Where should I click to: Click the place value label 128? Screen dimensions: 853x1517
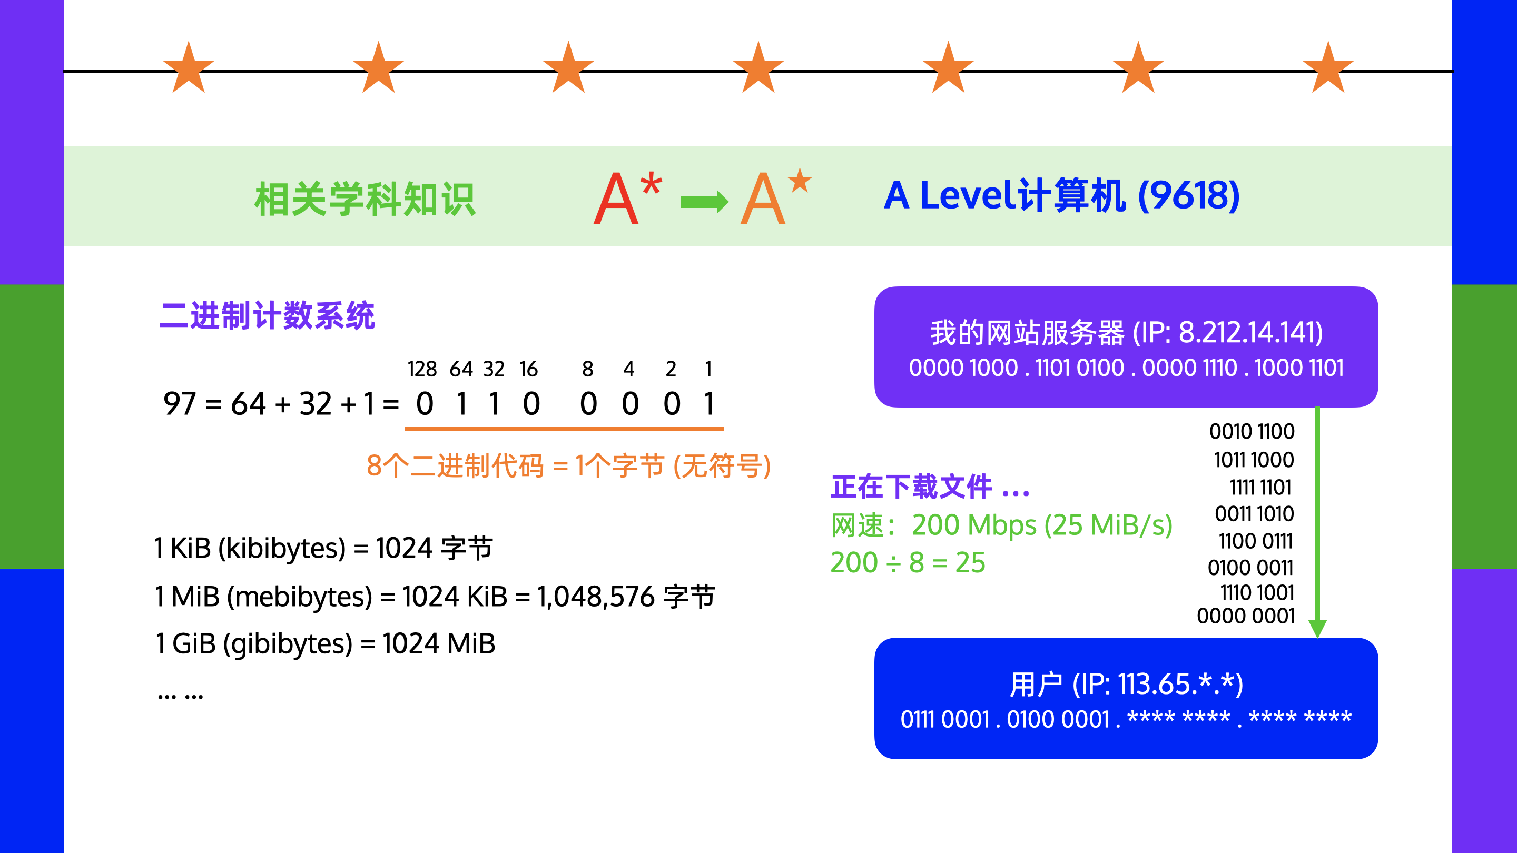[x=421, y=369]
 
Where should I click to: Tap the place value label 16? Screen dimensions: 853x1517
[x=528, y=369]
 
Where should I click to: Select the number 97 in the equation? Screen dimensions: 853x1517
[x=180, y=404]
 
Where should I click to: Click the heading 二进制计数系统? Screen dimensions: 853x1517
[x=267, y=315]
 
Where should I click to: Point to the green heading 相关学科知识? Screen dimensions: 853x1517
[x=365, y=199]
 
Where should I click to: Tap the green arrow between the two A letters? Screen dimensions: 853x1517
[x=704, y=202]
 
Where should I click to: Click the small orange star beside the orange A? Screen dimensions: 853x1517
[x=800, y=180]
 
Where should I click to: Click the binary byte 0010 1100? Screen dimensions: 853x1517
[x=1252, y=432]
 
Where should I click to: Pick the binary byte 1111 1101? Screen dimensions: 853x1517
[x=1260, y=488]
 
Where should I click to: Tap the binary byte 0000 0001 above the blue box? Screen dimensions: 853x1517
[x=1246, y=616]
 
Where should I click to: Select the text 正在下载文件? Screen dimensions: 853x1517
[x=912, y=488]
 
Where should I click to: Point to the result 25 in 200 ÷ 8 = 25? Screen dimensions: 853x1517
[x=970, y=563]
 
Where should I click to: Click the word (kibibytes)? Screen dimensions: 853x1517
[x=281, y=549]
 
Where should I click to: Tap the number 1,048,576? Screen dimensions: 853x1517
[x=595, y=597]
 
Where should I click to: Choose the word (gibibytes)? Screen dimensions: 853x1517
[x=288, y=644]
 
